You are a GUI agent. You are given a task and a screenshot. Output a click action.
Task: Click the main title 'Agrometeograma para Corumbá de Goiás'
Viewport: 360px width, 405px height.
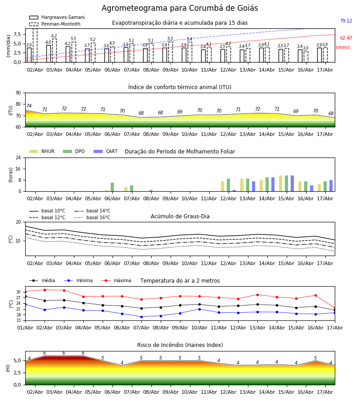click(x=180, y=8)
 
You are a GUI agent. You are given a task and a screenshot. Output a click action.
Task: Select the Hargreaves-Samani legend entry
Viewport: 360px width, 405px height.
click(x=57, y=17)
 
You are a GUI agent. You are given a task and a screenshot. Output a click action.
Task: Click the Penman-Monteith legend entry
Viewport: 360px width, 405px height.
click(x=55, y=24)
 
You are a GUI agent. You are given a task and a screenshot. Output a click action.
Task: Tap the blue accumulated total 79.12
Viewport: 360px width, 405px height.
click(x=346, y=21)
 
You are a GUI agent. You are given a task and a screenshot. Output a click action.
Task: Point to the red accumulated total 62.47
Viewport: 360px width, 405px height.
click(x=346, y=38)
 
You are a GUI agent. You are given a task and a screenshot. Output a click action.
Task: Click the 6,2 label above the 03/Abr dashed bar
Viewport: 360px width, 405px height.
click(x=54, y=36)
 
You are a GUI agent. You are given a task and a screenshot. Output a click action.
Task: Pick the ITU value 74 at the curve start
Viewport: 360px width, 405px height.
click(x=29, y=106)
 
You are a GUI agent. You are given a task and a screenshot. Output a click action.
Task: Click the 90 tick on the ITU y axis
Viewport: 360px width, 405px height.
click(x=18, y=93)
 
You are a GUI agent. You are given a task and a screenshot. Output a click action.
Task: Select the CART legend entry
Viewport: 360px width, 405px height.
click(x=106, y=151)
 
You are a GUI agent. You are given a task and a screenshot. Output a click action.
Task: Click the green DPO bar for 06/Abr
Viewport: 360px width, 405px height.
click(x=112, y=187)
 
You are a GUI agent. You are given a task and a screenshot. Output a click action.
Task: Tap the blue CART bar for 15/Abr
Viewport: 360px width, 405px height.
click(x=292, y=184)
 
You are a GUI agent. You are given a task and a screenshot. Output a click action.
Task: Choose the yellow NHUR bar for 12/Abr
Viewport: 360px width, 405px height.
click(x=223, y=186)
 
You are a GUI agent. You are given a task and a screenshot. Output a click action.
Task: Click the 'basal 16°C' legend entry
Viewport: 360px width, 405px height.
click(x=92, y=217)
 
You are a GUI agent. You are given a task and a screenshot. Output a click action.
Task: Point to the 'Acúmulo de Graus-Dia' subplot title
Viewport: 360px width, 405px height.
click(x=180, y=216)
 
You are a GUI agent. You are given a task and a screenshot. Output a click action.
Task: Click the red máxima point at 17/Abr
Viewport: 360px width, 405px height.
click(x=335, y=308)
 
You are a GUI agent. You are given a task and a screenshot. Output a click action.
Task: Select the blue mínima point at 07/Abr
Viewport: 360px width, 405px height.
click(x=141, y=317)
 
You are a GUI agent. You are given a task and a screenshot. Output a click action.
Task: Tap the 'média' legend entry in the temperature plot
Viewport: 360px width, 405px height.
click(x=42, y=280)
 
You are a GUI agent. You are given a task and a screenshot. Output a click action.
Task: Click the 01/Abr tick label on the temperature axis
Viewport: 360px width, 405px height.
click(x=25, y=328)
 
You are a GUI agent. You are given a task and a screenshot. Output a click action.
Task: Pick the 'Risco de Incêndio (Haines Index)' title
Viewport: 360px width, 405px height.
click(x=180, y=345)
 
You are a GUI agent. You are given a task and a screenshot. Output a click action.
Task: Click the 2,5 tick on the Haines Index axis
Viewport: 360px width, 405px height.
click(x=18, y=373)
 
